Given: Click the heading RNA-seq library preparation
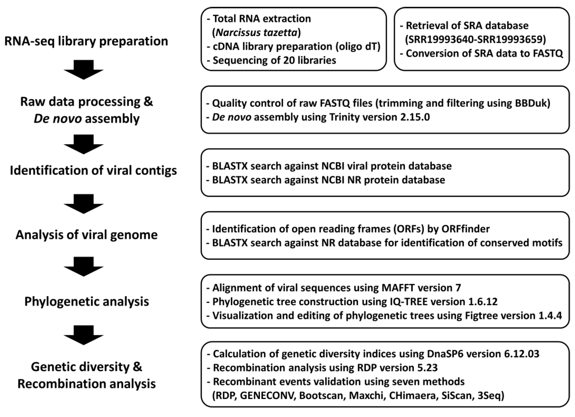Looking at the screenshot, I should (x=86, y=41).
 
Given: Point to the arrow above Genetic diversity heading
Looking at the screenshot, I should (x=83, y=335).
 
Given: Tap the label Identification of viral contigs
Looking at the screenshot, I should (x=93, y=171).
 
